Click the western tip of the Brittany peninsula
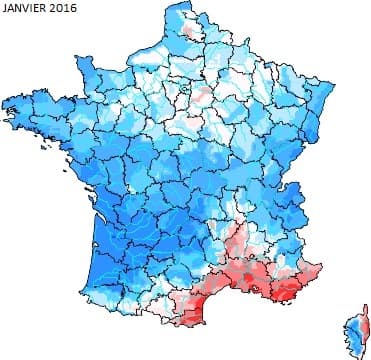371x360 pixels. point(8,102)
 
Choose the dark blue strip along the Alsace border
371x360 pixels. point(325,110)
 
